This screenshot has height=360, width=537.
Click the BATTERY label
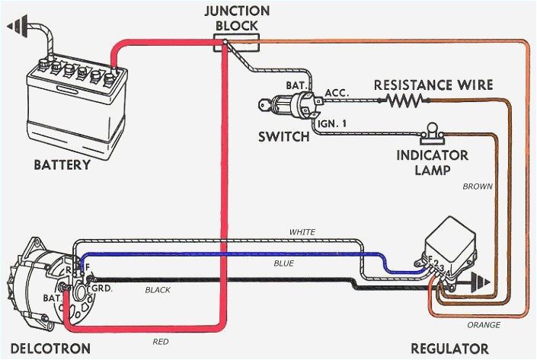(x=62, y=164)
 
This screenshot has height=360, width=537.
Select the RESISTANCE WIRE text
(x=433, y=84)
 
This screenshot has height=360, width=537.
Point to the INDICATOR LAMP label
(x=433, y=163)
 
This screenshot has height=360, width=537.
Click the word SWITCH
(x=284, y=137)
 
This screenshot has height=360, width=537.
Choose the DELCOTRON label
(x=46, y=349)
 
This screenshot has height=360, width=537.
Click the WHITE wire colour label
(x=302, y=232)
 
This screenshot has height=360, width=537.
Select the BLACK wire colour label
(x=158, y=290)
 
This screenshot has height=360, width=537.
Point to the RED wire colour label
(x=160, y=342)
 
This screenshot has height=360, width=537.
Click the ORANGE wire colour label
(x=485, y=325)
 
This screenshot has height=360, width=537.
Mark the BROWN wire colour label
(x=478, y=186)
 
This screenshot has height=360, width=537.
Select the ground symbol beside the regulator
(x=481, y=282)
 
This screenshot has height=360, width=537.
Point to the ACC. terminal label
(x=336, y=92)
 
